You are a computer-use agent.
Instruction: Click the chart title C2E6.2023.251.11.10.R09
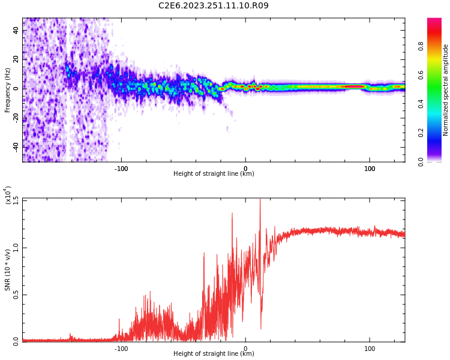pos(213,6)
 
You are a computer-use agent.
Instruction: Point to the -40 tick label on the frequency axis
pos(16,146)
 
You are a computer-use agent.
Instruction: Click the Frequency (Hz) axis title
pos(7,89)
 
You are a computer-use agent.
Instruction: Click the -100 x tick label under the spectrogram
pos(121,169)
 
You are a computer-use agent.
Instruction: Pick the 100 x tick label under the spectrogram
pos(370,169)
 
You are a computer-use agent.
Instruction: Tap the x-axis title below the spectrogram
pos(214,174)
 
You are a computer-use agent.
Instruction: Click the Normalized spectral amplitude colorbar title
pos(446,89)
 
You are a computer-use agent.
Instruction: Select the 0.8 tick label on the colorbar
pos(421,46)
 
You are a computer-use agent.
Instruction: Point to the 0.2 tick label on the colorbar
pos(421,133)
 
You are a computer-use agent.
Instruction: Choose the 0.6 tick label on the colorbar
pos(421,74)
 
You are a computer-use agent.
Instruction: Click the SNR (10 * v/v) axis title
pos(7,269)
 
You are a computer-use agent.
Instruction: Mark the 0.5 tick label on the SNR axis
pos(16,294)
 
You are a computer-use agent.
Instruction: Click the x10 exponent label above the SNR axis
pos(8,196)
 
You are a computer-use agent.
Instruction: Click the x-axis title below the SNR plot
pos(214,354)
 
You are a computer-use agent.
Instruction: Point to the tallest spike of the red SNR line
pos(260,200)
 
